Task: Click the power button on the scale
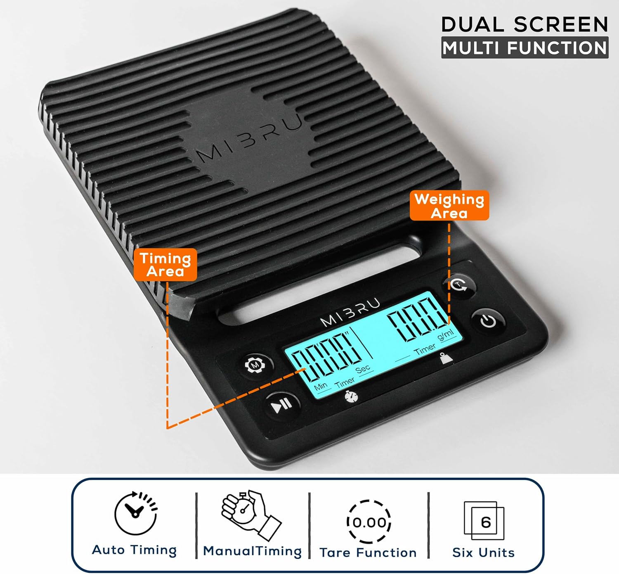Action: pos(488,321)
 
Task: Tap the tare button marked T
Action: pos(459,285)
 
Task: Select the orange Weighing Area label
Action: pos(449,206)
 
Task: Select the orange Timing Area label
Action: pos(165,265)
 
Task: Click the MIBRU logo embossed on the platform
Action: pos(249,138)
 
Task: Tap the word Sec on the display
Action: pos(364,370)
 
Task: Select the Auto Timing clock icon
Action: pos(136,513)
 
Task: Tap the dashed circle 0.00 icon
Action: pos(369,522)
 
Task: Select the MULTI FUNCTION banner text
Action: pos(525,48)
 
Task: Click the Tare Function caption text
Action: pos(368,553)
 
